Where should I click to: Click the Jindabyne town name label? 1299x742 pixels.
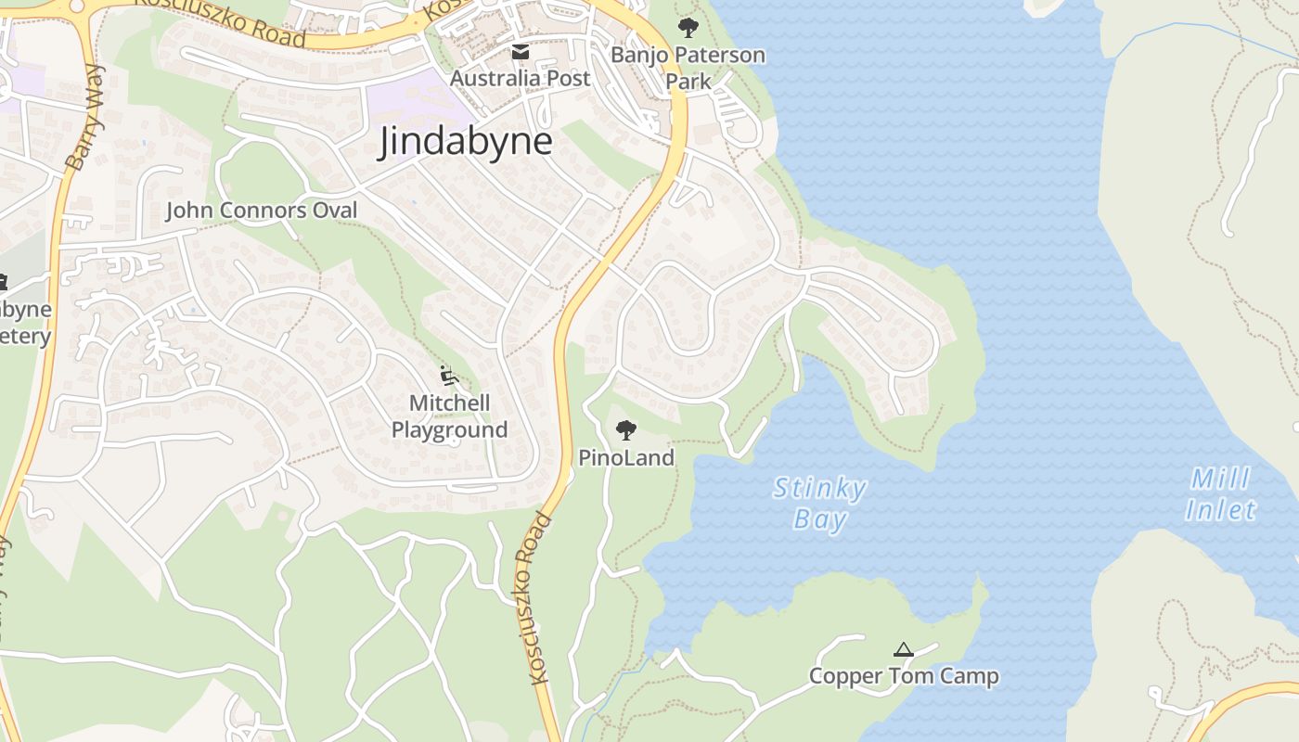[x=465, y=142]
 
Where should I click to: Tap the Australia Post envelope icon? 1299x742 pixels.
[x=521, y=52]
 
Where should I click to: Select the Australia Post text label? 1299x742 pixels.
[x=520, y=79]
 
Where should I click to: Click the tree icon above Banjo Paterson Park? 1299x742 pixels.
[x=688, y=28]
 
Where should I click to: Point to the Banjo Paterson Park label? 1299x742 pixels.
[x=688, y=68]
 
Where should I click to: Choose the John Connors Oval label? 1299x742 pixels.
[x=261, y=211]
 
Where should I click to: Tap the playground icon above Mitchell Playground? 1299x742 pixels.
[x=449, y=376]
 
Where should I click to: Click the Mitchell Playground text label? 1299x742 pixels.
[x=449, y=416]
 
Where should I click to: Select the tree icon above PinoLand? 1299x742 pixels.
[x=626, y=429]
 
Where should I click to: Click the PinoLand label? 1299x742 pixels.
[x=626, y=457]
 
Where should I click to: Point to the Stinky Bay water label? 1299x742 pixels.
[x=819, y=503]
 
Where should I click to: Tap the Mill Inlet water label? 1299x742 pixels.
[x=1220, y=494]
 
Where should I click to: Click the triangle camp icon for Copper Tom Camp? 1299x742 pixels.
[x=903, y=650]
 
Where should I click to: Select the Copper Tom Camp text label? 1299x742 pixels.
[x=904, y=676]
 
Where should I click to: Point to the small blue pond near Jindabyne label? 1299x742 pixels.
[x=413, y=201]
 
